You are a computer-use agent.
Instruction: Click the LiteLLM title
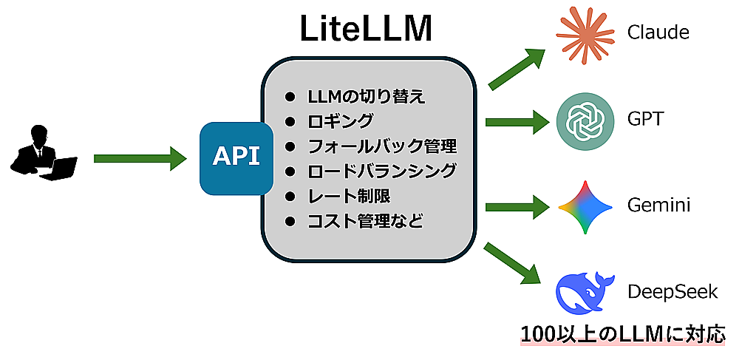(x=366, y=30)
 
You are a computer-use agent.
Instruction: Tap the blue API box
(x=236, y=157)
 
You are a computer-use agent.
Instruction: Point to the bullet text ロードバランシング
(x=381, y=171)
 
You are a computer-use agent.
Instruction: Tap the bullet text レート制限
(x=348, y=196)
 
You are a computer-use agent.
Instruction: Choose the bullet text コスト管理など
(x=365, y=220)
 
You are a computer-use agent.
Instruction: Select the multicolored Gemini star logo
(x=585, y=206)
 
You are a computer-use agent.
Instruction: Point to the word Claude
(x=658, y=33)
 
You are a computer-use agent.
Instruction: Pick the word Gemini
(x=658, y=205)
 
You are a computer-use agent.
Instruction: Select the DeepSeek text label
(x=672, y=291)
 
